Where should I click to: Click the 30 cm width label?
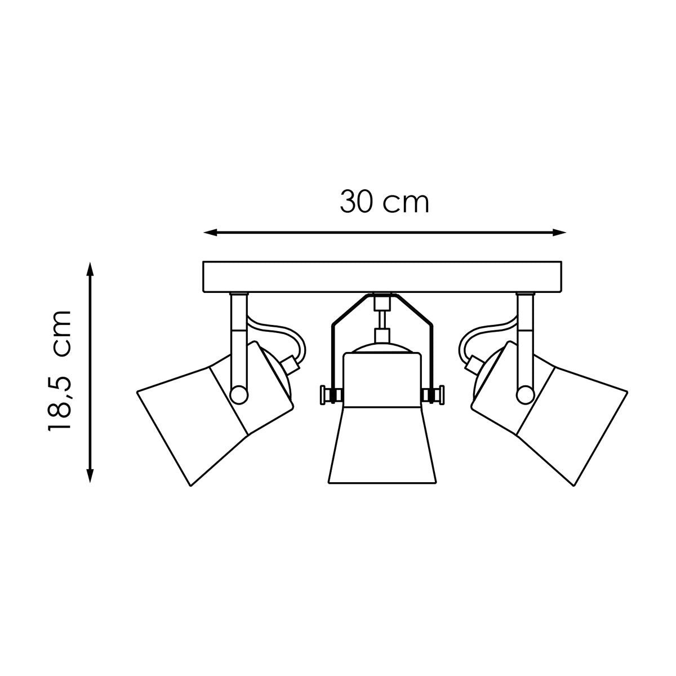(x=384, y=202)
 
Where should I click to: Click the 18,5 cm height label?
(x=60, y=370)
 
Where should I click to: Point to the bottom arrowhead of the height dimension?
(x=89, y=475)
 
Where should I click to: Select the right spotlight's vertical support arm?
(x=526, y=338)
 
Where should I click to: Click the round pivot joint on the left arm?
(x=239, y=393)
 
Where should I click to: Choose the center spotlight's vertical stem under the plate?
(x=383, y=318)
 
